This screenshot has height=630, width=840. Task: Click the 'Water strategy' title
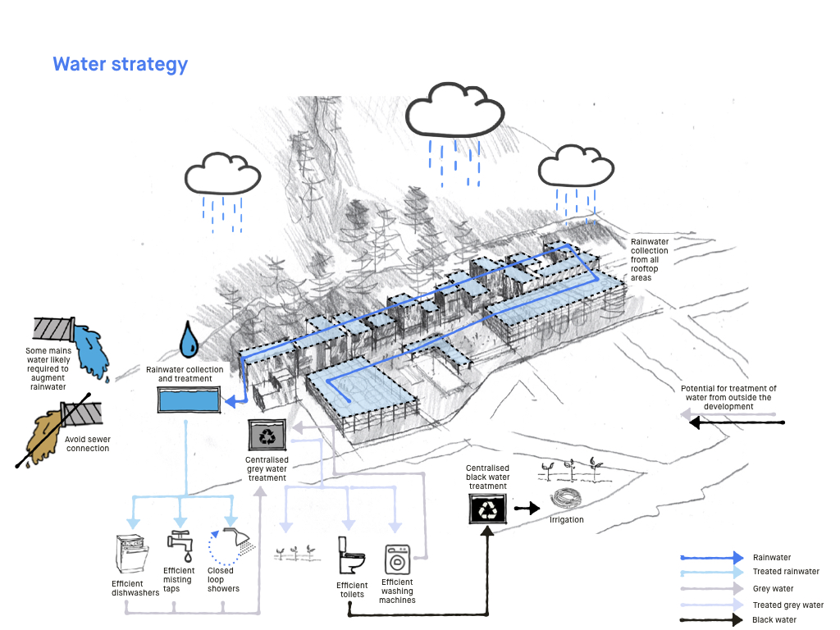point(120,64)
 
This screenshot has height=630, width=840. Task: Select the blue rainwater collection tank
point(189,400)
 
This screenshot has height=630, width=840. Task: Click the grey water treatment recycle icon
point(267,435)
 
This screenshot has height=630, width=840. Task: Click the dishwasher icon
point(132,555)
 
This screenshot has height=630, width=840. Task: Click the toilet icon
point(351,555)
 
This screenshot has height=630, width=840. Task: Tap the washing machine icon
point(397,559)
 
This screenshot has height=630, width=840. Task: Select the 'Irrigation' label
point(567,520)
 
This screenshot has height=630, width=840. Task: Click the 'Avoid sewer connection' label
point(88,444)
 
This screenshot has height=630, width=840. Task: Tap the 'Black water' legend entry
point(774,620)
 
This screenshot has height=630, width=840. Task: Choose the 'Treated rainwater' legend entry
point(785,572)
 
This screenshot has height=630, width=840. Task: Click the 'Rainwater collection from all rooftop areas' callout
point(649,260)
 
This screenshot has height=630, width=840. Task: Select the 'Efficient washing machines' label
point(397,591)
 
